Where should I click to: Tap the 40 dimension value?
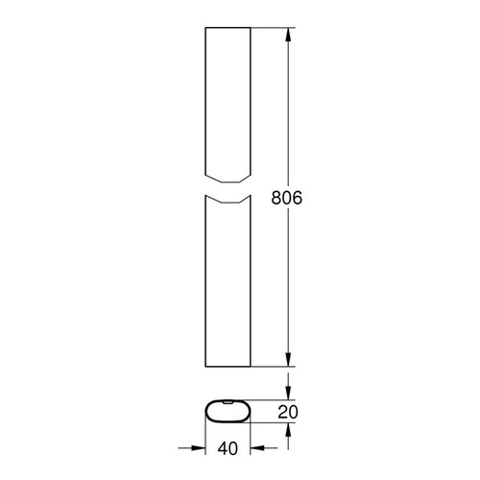228,447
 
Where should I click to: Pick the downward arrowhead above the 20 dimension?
288,396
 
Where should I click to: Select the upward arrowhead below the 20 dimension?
288,429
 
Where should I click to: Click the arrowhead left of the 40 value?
201,447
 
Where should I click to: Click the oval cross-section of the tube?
228,412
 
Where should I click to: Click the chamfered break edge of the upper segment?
228,180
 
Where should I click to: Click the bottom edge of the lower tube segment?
228,366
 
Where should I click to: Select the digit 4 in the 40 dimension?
222,447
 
